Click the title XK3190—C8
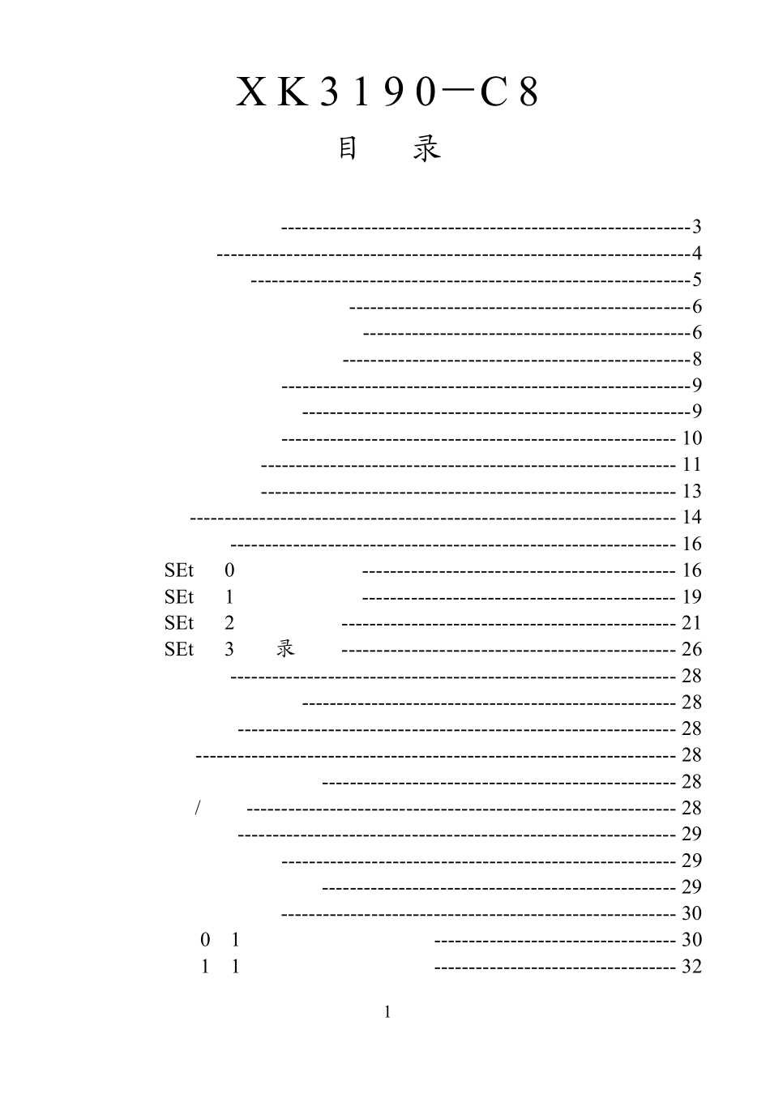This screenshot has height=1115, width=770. coord(387,92)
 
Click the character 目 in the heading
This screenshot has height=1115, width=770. coord(348,148)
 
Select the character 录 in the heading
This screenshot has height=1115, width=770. coord(426,148)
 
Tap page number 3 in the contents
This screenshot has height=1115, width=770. coord(696,227)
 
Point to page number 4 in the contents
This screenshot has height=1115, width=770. coord(696,254)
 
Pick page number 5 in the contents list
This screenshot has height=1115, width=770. coord(696,280)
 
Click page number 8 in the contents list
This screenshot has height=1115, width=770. coord(696,359)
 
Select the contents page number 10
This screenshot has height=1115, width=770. coord(691,438)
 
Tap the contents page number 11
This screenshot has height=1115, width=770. coord(691,464)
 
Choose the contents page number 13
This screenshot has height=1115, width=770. coord(691,491)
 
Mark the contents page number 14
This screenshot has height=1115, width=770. coord(691,517)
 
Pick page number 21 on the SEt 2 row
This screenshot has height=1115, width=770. coord(691,622)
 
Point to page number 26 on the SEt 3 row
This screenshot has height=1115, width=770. coord(691,649)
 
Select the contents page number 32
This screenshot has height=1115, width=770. coord(691,967)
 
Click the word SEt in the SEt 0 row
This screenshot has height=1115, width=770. coord(178,570)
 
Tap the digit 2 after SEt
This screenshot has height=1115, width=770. coord(229,622)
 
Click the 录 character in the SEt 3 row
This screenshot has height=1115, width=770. coord(285,648)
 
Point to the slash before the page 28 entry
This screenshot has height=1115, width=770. coord(198,808)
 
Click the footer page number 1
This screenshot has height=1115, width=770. coord(387,1012)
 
